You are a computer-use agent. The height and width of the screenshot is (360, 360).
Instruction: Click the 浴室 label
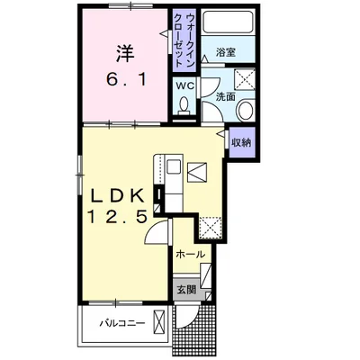226,54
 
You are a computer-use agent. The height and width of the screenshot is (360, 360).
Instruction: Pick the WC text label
184,85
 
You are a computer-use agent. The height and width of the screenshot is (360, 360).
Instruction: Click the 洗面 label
226,95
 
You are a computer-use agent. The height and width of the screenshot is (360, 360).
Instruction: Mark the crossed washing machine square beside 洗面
248,77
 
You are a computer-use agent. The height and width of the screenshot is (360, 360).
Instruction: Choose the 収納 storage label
241,141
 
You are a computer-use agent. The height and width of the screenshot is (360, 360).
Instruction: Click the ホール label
190,255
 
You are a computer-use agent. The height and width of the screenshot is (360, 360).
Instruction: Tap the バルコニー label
116,321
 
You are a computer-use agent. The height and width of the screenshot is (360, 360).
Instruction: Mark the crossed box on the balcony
159,321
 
